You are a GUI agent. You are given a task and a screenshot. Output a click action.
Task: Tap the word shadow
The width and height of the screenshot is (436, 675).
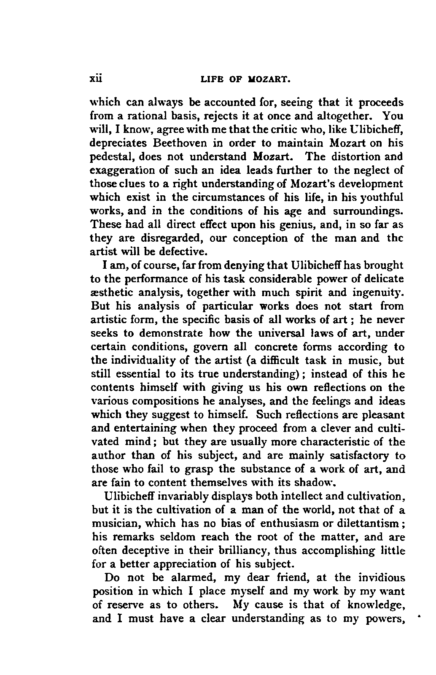click(314, 482)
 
